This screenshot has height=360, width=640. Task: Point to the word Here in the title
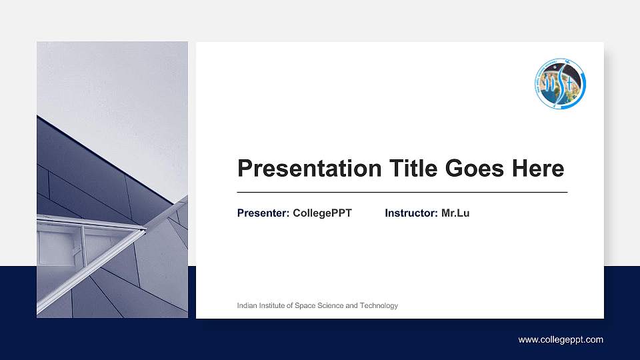[x=538, y=169]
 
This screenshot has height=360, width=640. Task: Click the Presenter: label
[x=263, y=213]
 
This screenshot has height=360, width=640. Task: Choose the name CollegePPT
[x=322, y=213]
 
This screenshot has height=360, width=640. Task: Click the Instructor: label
[x=411, y=213]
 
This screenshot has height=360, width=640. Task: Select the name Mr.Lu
[x=455, y=213]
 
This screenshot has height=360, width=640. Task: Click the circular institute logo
[x=560, y=84]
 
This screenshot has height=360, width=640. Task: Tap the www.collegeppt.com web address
[x=561, y=340]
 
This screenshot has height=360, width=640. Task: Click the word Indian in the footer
[x=247, y=306]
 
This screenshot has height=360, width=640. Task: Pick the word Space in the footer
[x=306, y=306]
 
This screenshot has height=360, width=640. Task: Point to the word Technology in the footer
[x=379, y=306]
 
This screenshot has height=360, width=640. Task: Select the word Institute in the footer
[x=273, y=306]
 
